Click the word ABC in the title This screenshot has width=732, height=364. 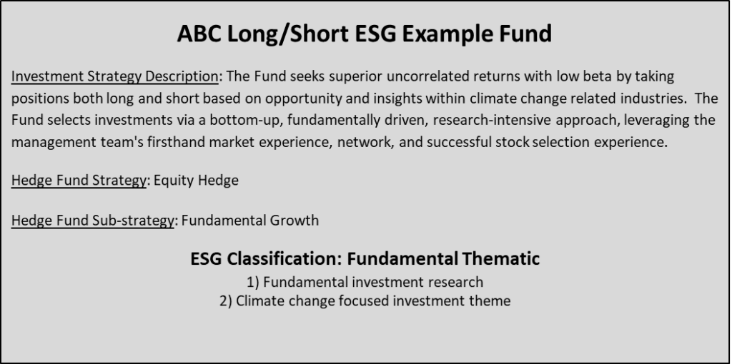point(199,34)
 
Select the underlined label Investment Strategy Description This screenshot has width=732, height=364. point(115,77)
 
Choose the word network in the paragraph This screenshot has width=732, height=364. point(365,143)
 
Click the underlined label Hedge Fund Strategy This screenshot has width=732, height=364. point(79,181)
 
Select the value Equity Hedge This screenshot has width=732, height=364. point(196,181)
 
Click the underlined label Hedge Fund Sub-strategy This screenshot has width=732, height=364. point(92,221)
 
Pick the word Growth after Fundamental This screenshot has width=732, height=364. point(295,221)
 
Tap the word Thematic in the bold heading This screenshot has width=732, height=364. point(501,258)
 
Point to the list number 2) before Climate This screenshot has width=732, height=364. point(226,301)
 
